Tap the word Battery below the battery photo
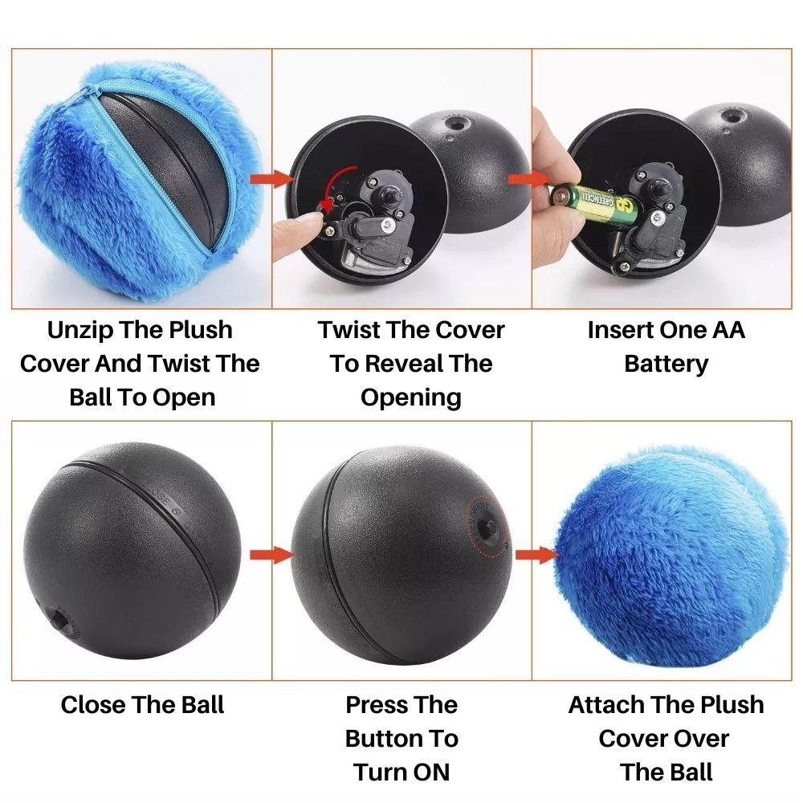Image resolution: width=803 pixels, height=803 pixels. [x=666, y=364]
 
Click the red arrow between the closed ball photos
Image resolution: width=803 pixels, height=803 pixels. [x=270, y=554]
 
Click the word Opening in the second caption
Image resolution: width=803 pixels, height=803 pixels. [x=410, y=397]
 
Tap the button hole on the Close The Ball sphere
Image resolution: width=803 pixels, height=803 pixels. [x=58, y=621]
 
